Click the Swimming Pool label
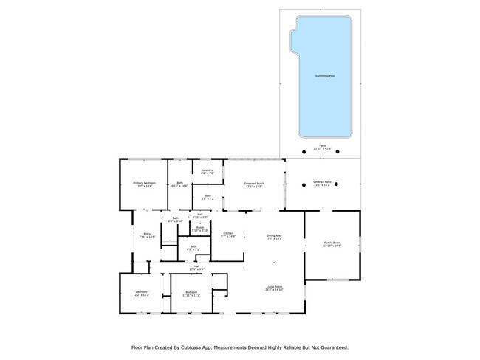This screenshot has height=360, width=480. click(x=322, y=76)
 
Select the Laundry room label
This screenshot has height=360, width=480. click(x=207, y=172)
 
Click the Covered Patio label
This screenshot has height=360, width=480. click(x=322, y=181)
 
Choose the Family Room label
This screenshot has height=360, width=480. click(x=332, y=244)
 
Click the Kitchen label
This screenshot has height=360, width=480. click(x=229, y=235)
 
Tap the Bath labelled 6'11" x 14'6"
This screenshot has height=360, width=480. click(x=180, y=185)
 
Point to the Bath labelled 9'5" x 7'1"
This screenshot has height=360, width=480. click(x=193, y=248)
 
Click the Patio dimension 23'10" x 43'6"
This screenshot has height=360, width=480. click(x=322, y=148)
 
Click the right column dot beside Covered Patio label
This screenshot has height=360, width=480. click(x=337, y=186)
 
